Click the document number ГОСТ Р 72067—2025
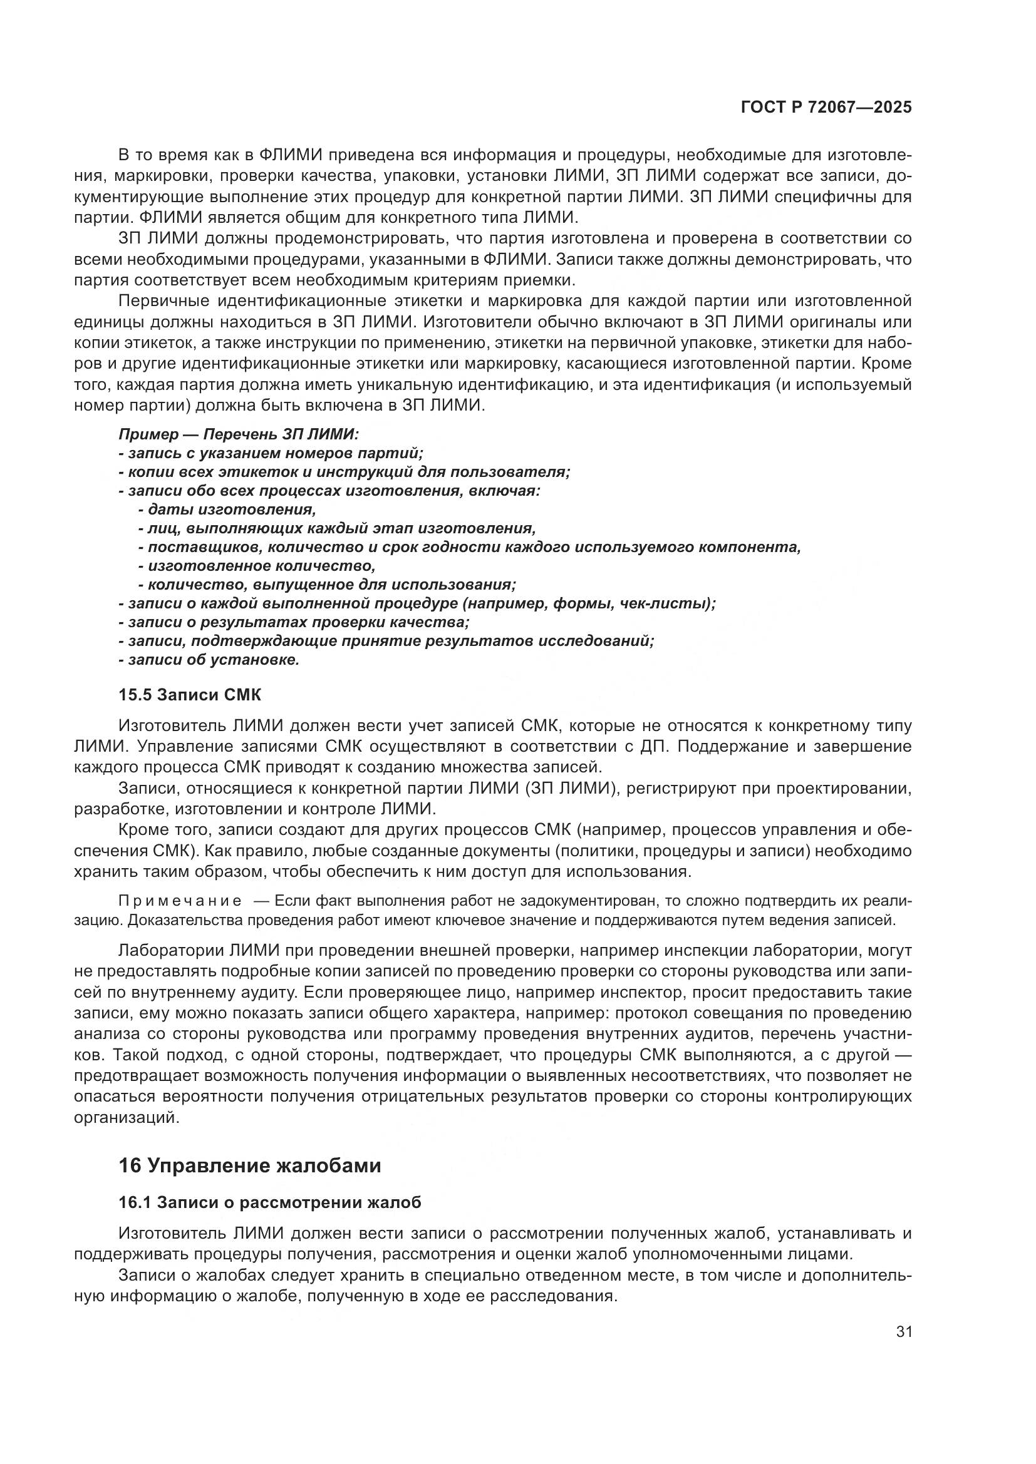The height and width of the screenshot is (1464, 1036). (x=826, y=107)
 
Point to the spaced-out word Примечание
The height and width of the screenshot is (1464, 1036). (x=180, y=900)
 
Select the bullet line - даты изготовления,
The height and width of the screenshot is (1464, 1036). (x=227, y=509)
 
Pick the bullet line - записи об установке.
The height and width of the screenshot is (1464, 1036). (x=209, y=659)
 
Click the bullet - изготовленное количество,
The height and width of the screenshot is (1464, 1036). (x=256, y=566)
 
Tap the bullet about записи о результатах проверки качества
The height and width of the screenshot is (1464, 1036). (x=294, y=622)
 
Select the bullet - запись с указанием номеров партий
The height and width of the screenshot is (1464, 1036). (x=271, y=453)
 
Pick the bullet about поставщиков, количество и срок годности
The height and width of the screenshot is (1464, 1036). (x=469, y=547)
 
